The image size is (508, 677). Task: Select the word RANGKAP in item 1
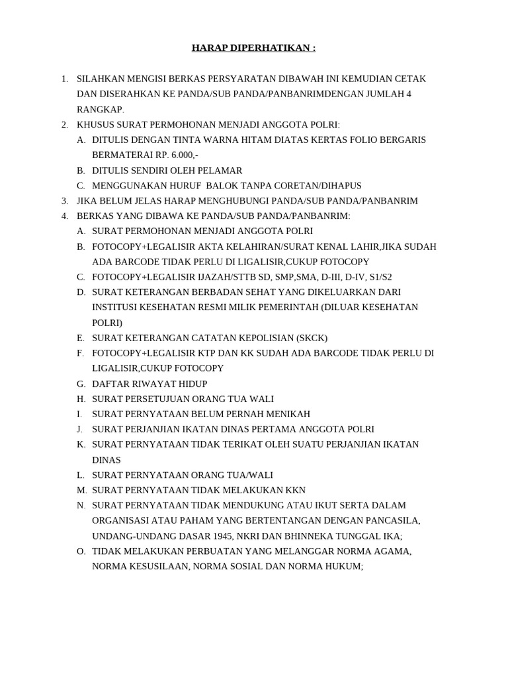100,110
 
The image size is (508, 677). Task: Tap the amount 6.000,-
184,155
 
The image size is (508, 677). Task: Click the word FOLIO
360,140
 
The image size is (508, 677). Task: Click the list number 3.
64,201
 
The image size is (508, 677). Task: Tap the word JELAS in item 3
154,201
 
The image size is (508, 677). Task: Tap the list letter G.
81,384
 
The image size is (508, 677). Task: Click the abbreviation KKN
294,491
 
